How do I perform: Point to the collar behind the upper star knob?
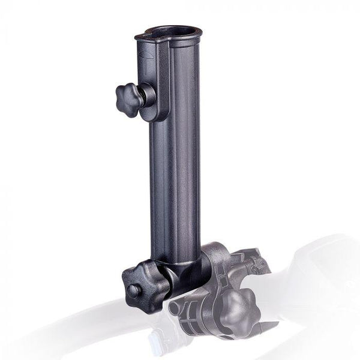click(146, 95)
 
